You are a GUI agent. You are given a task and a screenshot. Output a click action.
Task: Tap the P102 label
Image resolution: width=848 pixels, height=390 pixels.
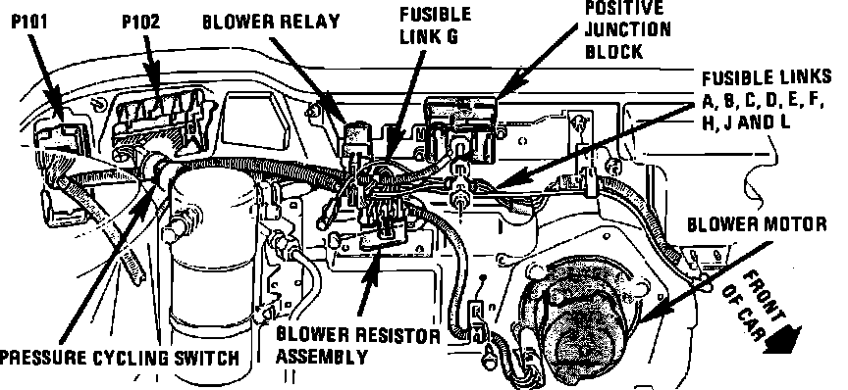pyautogui.click(x=141, y=23)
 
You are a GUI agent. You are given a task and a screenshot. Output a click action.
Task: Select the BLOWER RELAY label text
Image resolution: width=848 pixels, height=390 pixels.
pyautogui.click(x=271, y=22)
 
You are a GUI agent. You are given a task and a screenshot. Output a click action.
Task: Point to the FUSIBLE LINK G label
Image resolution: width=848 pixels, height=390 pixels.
pyautogui.click(x=436, y=24)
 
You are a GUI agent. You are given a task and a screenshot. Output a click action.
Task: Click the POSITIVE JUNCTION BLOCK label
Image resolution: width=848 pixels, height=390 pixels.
pyautogui.click(x=627, y=29)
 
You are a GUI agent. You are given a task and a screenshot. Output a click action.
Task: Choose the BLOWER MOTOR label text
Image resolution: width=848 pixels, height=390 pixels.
pyautogui.click(x=757, y=224)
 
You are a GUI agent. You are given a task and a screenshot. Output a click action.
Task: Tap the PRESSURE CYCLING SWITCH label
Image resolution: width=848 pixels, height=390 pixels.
pyautogui.click(x=119, y=358)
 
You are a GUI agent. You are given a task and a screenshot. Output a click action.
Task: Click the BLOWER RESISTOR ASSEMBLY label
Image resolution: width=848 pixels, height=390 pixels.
pyautogui.click(x=358, y=346)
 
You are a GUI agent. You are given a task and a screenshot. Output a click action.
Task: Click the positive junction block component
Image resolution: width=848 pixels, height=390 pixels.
pyautogui.click(x=460, y=128)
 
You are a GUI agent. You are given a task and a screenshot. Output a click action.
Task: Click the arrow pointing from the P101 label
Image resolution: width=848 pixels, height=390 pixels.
pyautogui.click(x=46, y=74)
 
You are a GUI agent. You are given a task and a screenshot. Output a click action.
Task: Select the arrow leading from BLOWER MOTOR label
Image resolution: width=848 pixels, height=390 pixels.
pyautogui.click(x=705, y=282)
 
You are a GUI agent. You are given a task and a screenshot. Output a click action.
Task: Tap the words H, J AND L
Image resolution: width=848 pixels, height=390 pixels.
pyautogui.click(x=746, y=122)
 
